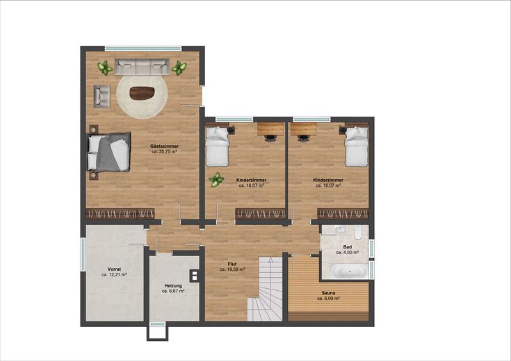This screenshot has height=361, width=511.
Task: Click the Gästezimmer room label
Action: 164,146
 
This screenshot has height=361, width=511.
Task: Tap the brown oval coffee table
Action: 142,94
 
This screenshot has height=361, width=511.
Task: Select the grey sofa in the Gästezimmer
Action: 142,67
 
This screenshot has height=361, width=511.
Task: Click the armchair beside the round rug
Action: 102,96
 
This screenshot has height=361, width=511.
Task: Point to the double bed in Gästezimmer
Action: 109,152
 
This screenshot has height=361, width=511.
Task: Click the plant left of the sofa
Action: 105,68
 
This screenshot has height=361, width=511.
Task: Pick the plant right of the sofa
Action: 179,68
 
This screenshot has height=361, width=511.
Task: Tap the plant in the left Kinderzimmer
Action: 216,180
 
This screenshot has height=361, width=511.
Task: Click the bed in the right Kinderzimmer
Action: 357,146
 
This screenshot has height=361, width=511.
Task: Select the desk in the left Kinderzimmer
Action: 271,129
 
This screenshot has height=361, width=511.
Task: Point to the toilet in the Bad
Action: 358,233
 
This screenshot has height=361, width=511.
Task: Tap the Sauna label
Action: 328,293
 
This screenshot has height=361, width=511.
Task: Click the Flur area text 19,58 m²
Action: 232,269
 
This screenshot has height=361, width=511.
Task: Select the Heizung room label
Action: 173,286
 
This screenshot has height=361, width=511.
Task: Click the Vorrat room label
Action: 114,269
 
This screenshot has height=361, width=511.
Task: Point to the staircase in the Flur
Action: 265,289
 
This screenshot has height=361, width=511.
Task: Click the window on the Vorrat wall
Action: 83,254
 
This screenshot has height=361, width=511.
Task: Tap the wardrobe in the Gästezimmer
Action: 120,214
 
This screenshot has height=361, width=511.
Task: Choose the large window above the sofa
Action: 143,49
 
